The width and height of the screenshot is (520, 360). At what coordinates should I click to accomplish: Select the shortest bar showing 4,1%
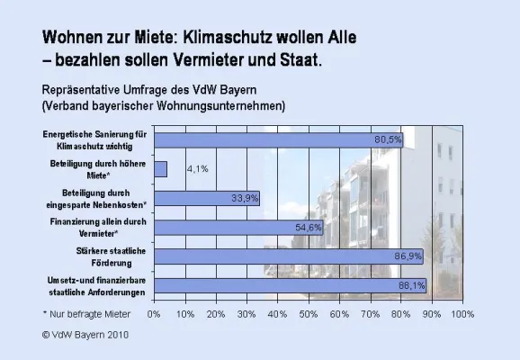point(160,168)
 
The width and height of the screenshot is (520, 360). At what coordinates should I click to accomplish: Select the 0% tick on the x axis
point(154,314)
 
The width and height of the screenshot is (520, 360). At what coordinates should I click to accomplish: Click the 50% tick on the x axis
point(308,314)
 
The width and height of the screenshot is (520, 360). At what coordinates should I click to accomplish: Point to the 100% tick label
point(462,314)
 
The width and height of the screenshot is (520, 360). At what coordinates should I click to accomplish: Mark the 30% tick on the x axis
point(247,314)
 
